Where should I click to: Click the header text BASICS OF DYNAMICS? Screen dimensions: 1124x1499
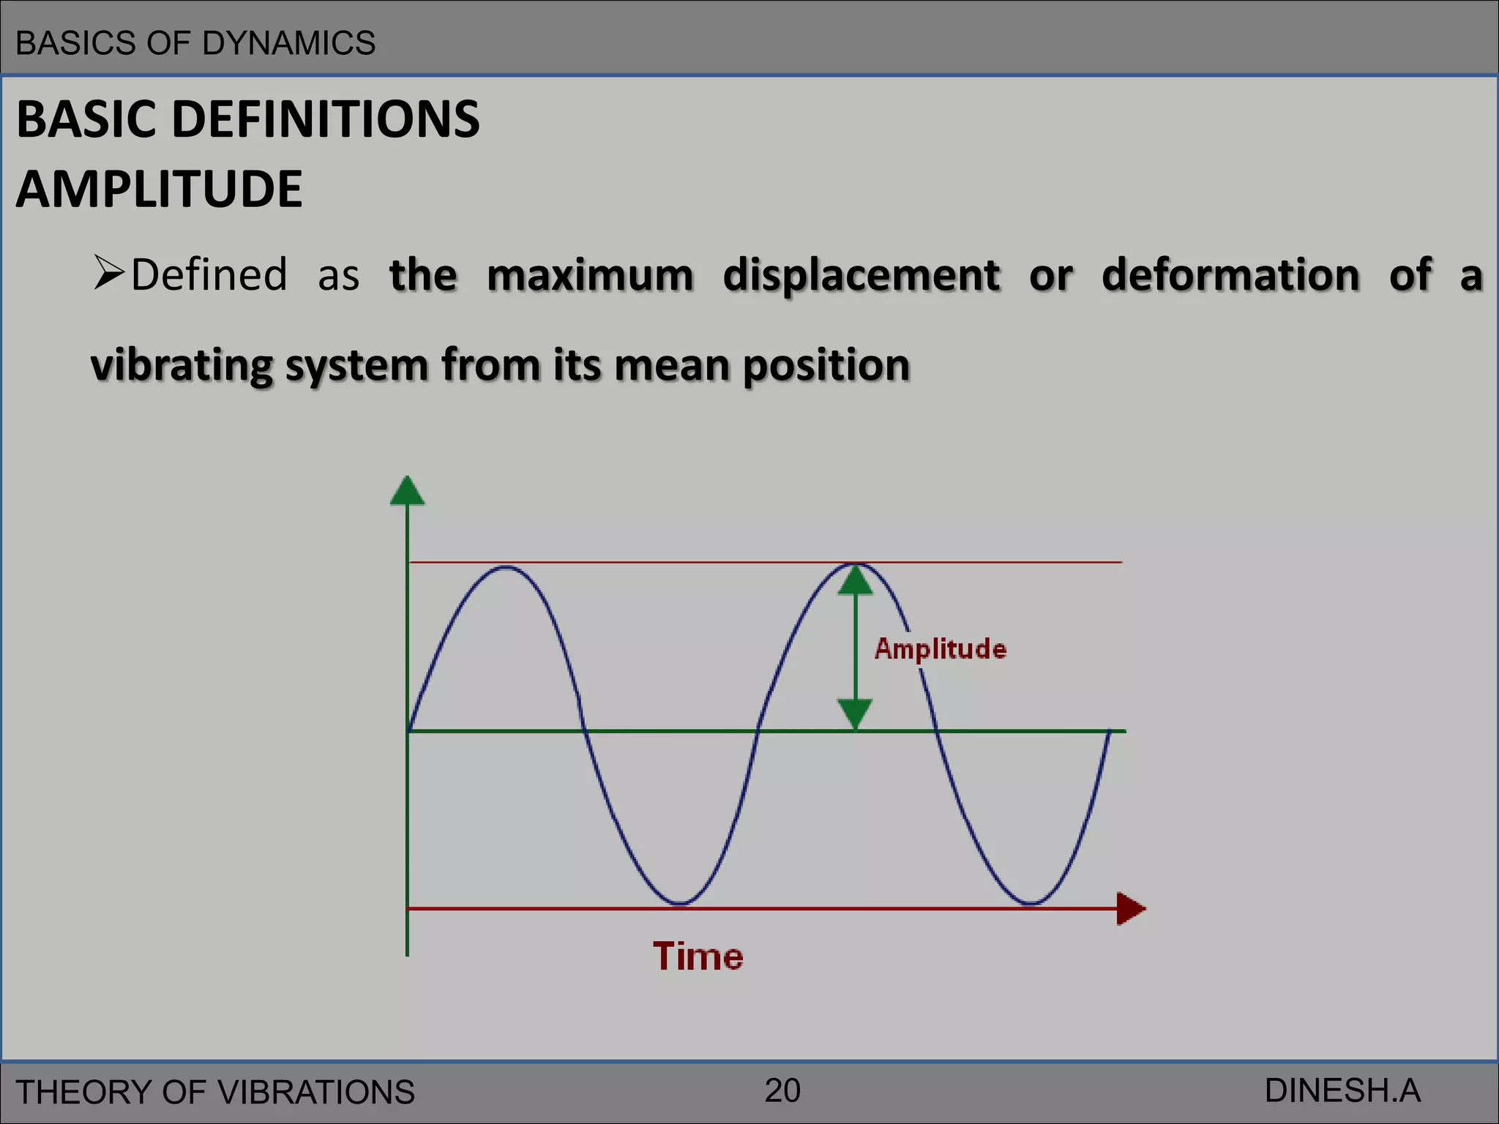195,43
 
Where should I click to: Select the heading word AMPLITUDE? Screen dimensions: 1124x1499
159,190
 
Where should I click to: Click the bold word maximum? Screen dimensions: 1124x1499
590,276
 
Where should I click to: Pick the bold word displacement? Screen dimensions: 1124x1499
861,276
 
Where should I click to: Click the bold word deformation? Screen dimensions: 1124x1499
1230,276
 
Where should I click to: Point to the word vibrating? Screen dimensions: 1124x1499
181,365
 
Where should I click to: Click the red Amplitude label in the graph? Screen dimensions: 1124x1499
941,649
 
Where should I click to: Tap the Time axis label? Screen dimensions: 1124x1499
698,956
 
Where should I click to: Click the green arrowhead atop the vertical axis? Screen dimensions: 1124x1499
407,491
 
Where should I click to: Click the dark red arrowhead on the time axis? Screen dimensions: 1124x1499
1130,909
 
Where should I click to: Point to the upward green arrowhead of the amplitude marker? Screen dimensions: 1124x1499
855,581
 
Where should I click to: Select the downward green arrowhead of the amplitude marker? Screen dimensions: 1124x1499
855,713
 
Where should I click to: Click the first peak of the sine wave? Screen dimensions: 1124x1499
506,567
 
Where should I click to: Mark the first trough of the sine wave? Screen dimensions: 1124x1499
680,903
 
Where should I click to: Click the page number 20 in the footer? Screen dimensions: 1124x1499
782,1091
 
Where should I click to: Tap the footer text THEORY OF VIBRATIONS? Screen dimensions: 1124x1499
215,1093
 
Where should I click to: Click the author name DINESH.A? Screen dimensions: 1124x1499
1342,1091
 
